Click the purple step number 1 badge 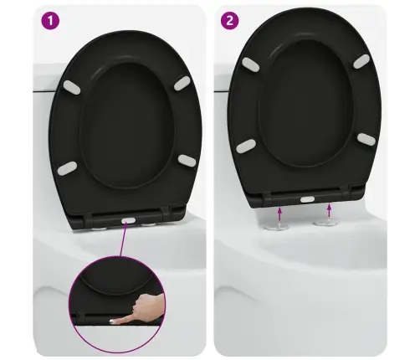point(50,21)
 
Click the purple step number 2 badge point(229,20)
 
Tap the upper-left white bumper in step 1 point(72,87)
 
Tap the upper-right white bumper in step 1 point(182,83)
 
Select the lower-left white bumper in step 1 point(67,168)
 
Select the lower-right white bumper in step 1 point(187,161)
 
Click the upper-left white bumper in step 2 point(250,64)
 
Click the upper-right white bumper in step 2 point(361,61)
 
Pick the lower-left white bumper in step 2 point(246,146)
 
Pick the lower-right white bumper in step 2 point(366,139)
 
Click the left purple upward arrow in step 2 point(279,214)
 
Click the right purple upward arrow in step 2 point(330,211)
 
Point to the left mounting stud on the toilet point(275,226)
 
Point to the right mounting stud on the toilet point(324,223)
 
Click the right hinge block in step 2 point(345,193)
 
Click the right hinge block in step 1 point(166,213)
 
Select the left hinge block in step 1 point(89,219)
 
